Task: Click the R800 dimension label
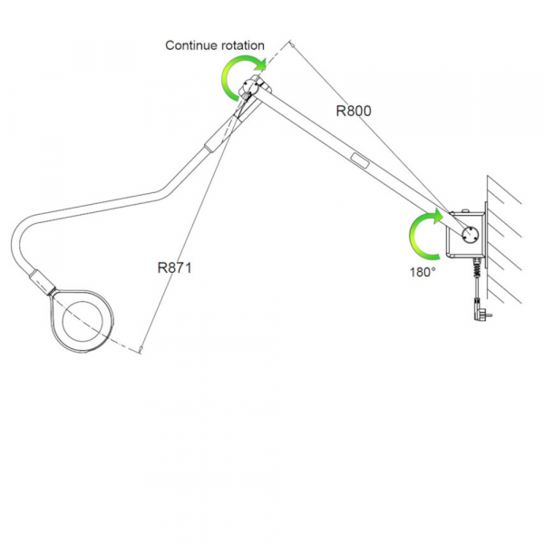(x=354, y=112)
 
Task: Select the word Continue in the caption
(x=190, y=45)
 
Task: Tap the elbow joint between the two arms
(x=251, y=91)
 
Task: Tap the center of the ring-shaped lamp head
(x=83, y=318)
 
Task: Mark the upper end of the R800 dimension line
(x=292, y=42)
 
